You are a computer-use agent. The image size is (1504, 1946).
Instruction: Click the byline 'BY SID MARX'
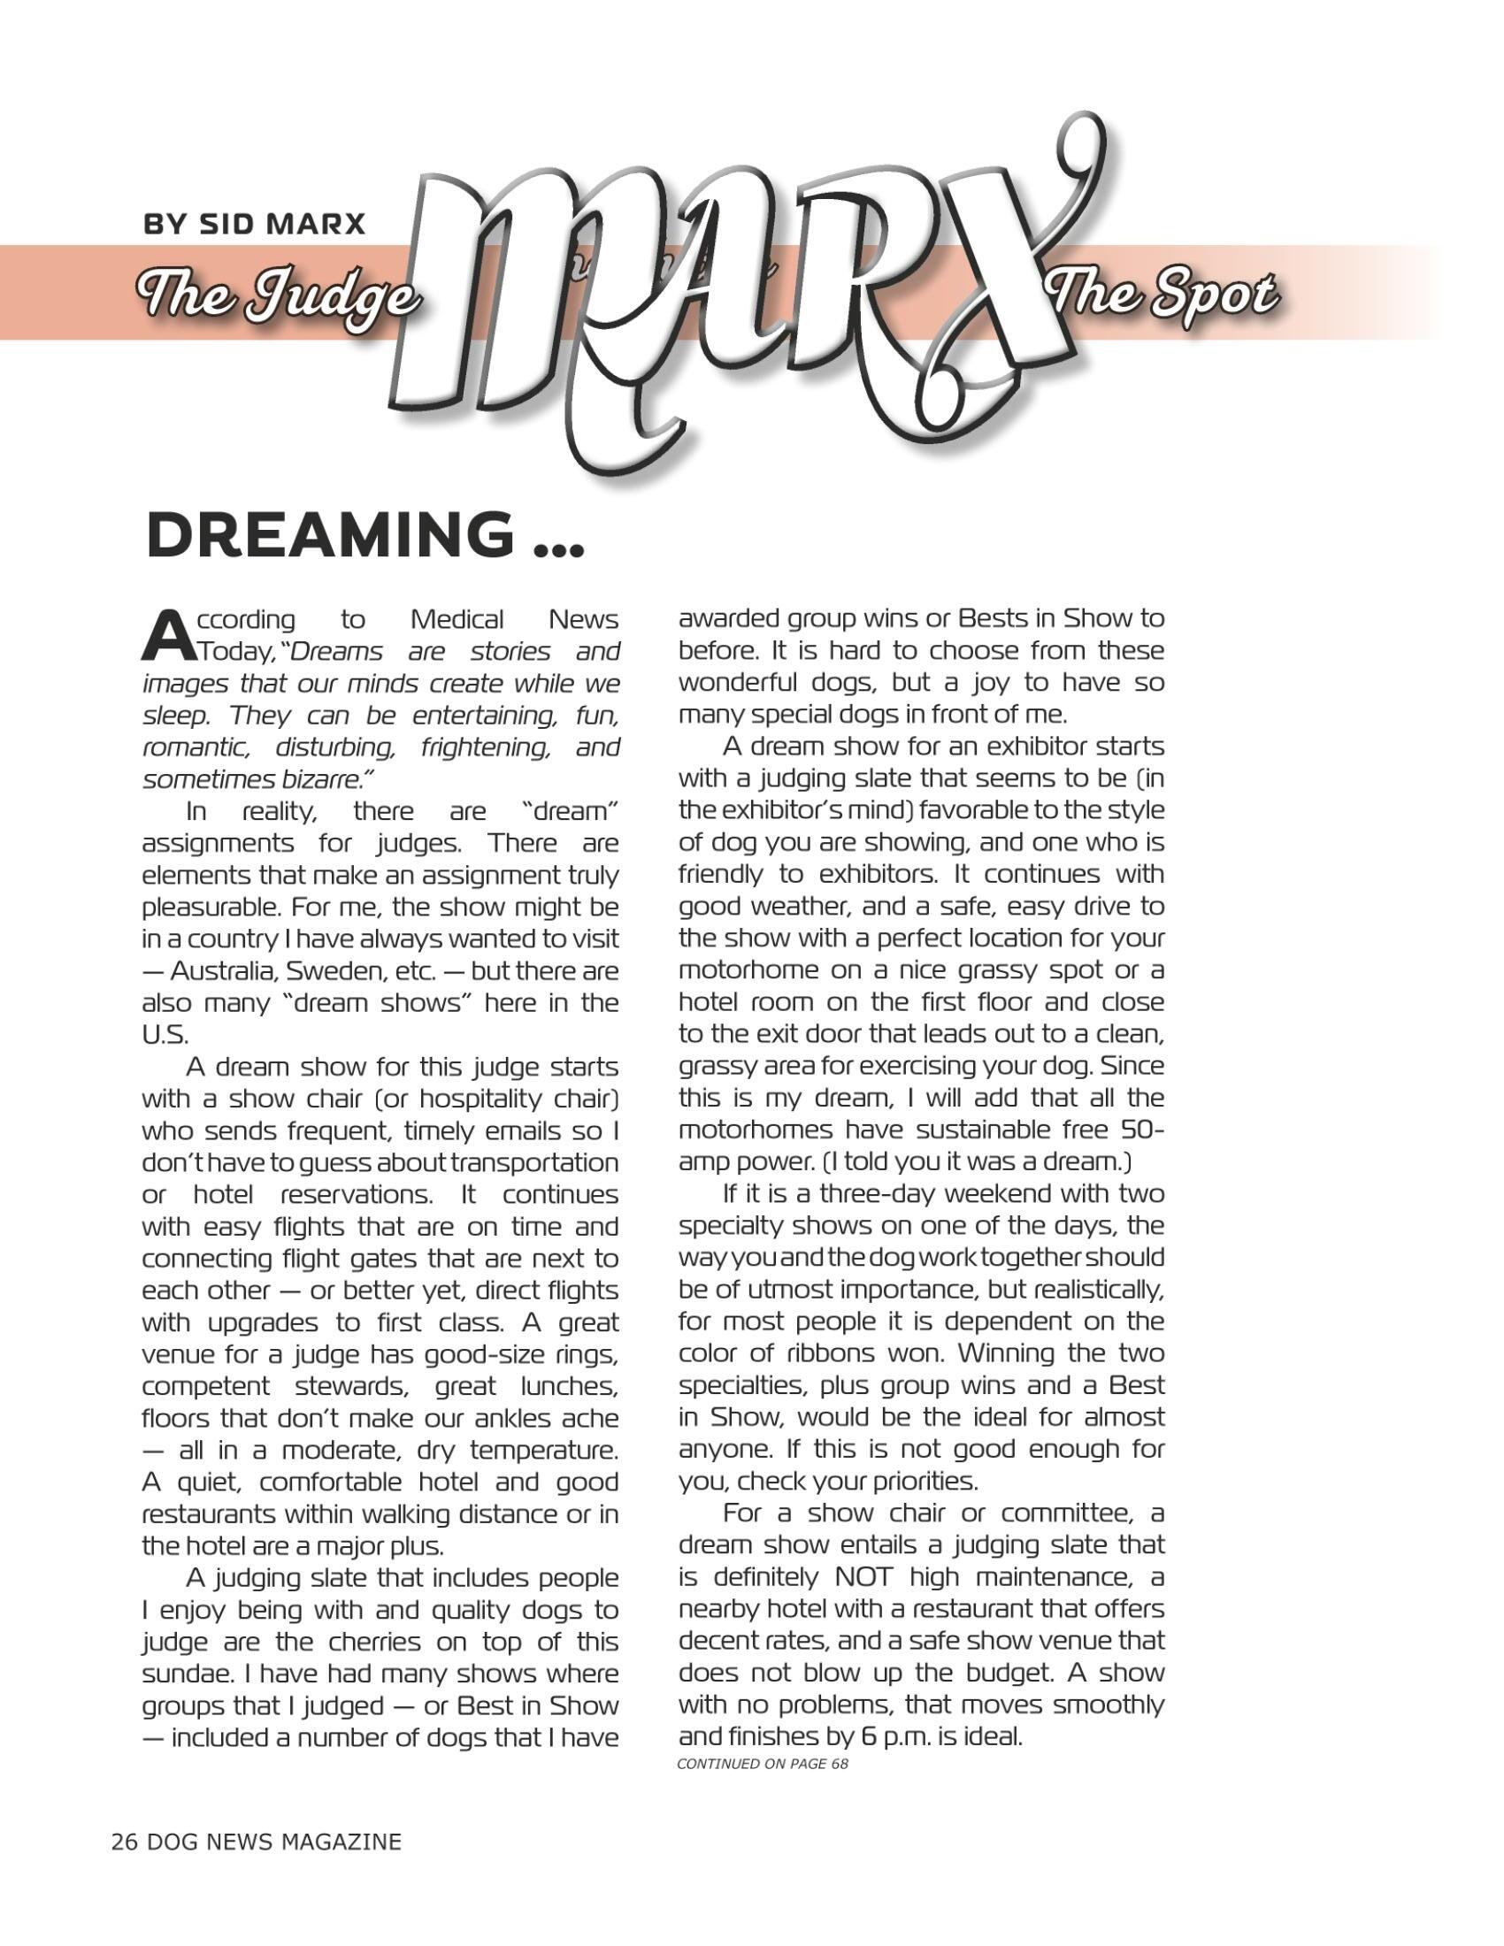click(x=255, y=223)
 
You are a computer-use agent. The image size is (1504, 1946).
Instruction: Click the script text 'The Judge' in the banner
click(x=277, y=294)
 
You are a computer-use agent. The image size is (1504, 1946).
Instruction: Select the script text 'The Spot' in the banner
click(x=1163, y=294)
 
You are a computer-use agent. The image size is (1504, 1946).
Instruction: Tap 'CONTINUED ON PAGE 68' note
click(x=763, y=1762)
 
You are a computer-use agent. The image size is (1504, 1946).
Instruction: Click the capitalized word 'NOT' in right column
click(x=867, y=1576)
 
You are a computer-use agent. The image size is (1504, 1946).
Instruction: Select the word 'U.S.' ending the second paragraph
click(x=165, y=1033)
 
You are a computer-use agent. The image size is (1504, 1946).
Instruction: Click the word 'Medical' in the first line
click(x=457, y=618)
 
